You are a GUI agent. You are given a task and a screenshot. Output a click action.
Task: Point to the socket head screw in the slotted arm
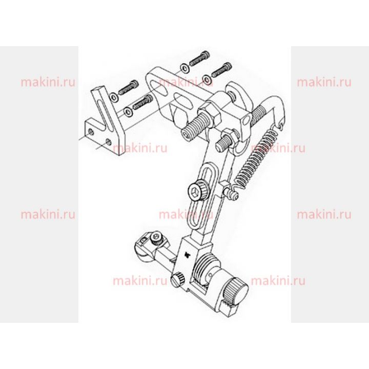[199, 190]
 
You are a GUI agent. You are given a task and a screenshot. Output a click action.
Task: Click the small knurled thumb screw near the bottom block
[178, 279]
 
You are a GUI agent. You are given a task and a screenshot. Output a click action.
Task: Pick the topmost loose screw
[200, 58]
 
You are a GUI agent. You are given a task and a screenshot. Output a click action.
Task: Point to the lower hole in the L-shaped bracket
[109, 141]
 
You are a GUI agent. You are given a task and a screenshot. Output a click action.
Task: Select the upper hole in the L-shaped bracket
[91, 132]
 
